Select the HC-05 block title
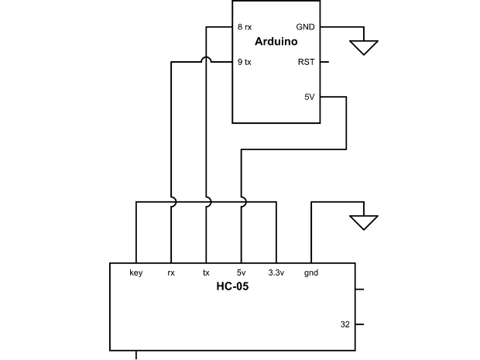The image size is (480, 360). pyautogui.click(x=232, y=286)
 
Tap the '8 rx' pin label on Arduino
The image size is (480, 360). pyautogui.click(x=245, y=26)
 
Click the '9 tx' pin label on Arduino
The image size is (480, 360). pyautogui.click(x=245, y=62)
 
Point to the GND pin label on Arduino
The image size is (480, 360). pyautogui.click(x=305, y=26)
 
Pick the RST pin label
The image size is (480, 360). pyautogui.click(x=306, y=62)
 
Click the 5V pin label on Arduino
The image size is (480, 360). pyautogui.click(x=309, y=98)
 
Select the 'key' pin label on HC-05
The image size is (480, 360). pyautogui.click(x=136, y=273)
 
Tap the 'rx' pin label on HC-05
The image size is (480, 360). pyautogui.click(x=171, y=273)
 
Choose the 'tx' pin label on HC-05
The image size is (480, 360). pyautogui.click(x=206, y=273)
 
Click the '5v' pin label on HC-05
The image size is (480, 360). pyautogui.click(x=241, y=273)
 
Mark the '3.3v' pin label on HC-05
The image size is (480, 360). pyautogui.click(x=276, y=273)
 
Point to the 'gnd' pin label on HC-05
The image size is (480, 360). pyautogui.click(x=311, y=273)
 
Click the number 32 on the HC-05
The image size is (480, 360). pyautogui.click(x=345, y=324)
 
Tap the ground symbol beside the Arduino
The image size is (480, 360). pyautogui.click(x=363, y=47)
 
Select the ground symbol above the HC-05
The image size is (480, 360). pyautogui.click(x=363, y=222)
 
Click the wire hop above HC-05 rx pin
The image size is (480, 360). pyautogui.click(x=172, y=202)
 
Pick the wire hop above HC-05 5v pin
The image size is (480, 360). pyautogui.click(x=242, y=202)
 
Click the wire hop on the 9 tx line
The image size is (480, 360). pyautogui.click(x=206, y=61)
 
